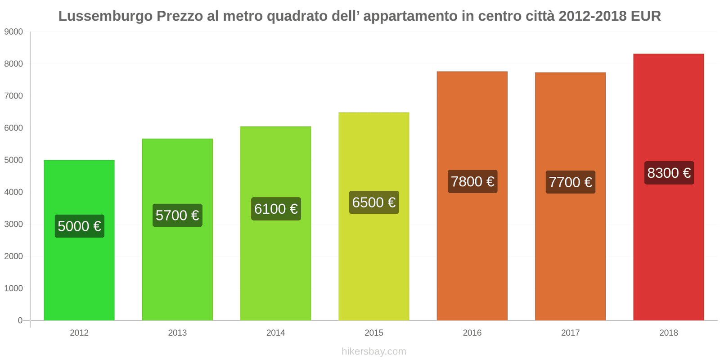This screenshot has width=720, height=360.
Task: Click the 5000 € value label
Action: [80, 226]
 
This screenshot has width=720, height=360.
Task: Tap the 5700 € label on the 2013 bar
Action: [177, 215]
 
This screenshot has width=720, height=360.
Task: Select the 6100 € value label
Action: [276, 209]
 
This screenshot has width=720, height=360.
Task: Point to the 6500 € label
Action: [374, 202]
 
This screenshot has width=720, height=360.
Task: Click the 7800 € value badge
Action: [472, 181]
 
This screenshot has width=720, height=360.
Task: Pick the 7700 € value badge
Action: [570, 182]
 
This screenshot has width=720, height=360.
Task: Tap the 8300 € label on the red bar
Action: [669, 173]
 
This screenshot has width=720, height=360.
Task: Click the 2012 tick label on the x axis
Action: [79, 333]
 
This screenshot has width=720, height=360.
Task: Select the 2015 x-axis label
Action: [374, 333]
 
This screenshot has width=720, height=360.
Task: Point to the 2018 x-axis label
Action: [668, 333]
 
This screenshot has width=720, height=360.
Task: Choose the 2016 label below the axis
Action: [472, 333]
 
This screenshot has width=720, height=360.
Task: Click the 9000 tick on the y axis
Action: [13, 32]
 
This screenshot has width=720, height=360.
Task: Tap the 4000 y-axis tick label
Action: [13, 192]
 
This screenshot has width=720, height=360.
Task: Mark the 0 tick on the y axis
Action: [20, 320]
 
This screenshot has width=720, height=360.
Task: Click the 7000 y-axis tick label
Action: [13, 96]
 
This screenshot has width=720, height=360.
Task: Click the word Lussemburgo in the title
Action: [105, 16]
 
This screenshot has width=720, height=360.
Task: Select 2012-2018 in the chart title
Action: [592, 16]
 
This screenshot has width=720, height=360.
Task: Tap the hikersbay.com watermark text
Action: [373, 351]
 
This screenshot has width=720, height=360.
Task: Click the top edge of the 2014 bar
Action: [275, 127]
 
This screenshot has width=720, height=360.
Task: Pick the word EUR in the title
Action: [646, 16]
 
